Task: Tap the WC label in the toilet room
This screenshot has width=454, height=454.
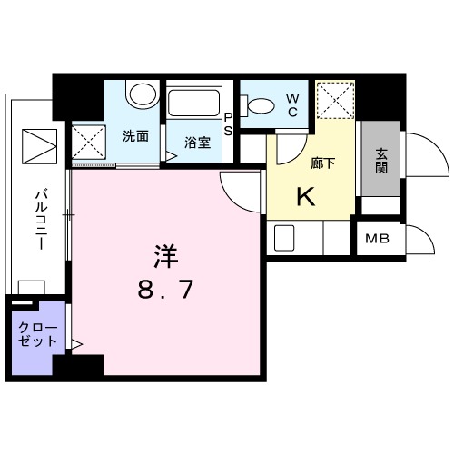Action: [292, 104]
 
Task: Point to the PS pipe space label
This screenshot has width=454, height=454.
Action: [228, 123]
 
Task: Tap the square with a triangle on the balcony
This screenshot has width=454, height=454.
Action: [38, 145]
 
